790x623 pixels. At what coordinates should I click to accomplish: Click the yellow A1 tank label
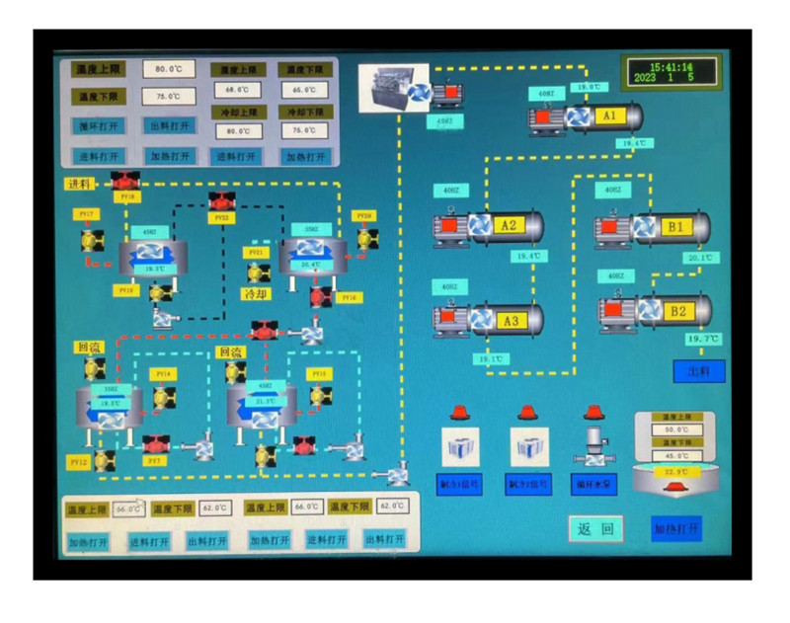click(x=609, y=117)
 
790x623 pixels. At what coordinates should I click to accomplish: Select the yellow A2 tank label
click(x=509, y=225)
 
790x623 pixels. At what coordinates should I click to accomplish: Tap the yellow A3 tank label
click(x=511, y=321)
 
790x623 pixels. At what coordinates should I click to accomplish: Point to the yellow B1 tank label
click(x=675, y=227)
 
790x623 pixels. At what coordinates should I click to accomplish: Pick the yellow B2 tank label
click(x=678, y=312)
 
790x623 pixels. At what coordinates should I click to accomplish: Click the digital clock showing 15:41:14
click(x=671, y=71)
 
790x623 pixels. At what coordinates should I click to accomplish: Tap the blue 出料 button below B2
click(x=698, y=370)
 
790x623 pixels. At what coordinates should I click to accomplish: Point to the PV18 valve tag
click(x=124, y=196)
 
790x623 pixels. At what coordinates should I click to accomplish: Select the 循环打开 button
click(x=99, y=126)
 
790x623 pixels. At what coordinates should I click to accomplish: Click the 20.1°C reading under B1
click(x=698, y=258)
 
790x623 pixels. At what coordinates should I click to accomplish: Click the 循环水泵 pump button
click(x=594, y=485)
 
